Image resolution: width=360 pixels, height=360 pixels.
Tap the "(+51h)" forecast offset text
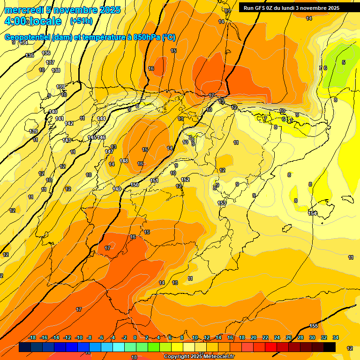[x=81, y=21]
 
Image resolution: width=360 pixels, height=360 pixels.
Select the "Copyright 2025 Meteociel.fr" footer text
[x=199, y=356]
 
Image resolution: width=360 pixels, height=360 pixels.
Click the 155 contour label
[x=314, y=326]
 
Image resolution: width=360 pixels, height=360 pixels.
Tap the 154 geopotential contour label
[x=312, y=213]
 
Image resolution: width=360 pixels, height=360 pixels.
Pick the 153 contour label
[x=222, y=203]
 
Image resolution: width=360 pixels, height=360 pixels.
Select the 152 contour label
[x=185, y=180]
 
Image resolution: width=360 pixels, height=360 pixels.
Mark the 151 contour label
[x=154, y=180]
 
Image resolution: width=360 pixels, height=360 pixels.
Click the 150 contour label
[x=135, y=185]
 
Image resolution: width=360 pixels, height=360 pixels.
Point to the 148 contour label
[x=124, y=161]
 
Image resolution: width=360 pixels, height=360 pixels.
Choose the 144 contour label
[x=101, y=119]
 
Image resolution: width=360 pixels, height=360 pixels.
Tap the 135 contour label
[x=30, y=55]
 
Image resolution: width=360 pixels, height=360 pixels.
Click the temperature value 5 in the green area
[x=343, y=62]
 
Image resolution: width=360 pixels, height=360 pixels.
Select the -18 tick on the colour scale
[x=32, y=337]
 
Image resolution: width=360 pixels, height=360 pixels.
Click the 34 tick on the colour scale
[x=335, y=337]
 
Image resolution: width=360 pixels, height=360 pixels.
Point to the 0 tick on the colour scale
[x=135, y=337]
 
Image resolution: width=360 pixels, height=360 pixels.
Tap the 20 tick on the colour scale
[x=254, y=337]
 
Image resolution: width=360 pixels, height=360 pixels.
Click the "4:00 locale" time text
[x=32, y=22]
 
